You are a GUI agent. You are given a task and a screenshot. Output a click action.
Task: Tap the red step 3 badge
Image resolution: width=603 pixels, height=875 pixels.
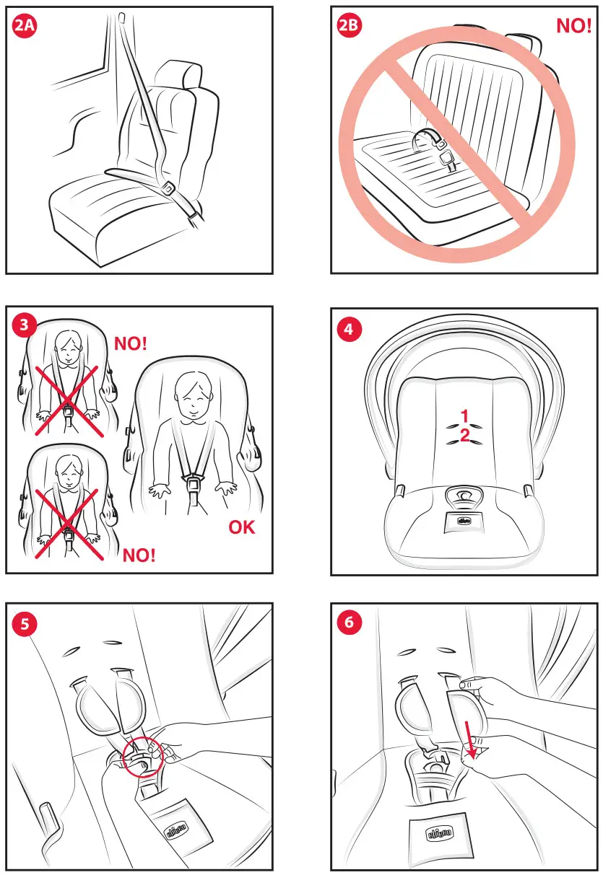point(25,325)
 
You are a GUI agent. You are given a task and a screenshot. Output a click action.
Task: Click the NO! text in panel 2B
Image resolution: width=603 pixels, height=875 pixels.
point(573,27)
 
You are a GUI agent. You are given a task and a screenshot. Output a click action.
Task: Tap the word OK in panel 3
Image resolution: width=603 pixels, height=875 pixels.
point(242,527)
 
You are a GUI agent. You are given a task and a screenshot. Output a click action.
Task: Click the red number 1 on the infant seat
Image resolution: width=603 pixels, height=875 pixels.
point(466,415)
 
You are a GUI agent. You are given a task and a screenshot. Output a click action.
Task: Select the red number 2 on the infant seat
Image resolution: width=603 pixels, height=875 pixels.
point(466,435)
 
